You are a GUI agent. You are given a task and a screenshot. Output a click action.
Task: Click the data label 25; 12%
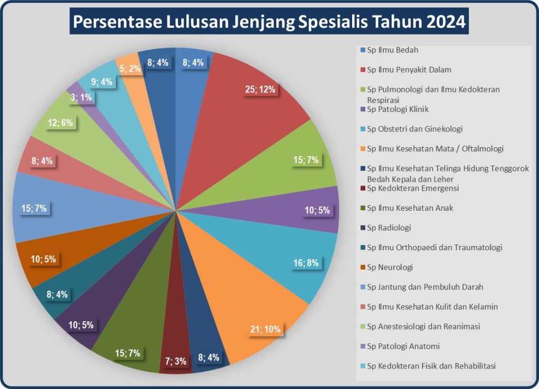(260, 89)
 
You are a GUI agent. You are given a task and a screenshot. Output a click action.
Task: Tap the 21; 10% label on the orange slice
(266, 330)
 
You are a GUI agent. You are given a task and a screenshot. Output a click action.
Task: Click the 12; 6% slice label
(61, 124)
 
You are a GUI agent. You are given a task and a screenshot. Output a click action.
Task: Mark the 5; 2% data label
(129, 68)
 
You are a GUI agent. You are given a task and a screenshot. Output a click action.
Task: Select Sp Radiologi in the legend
(390, 228)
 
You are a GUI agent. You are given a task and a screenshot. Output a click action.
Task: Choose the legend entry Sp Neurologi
(390, 267)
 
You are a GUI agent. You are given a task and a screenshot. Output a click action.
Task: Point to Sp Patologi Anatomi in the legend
(403, 346)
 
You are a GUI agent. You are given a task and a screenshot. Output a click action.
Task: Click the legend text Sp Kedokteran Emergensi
(413, 188)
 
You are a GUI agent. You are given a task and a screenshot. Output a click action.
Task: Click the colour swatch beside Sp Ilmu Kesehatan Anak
(363, 208)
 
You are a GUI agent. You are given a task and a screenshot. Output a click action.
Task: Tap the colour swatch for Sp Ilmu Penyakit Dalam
(363, 69)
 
